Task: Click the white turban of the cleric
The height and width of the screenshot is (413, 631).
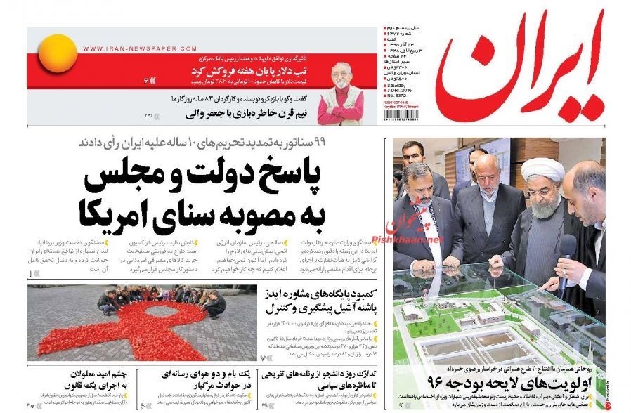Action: click(x=541, y=169)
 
